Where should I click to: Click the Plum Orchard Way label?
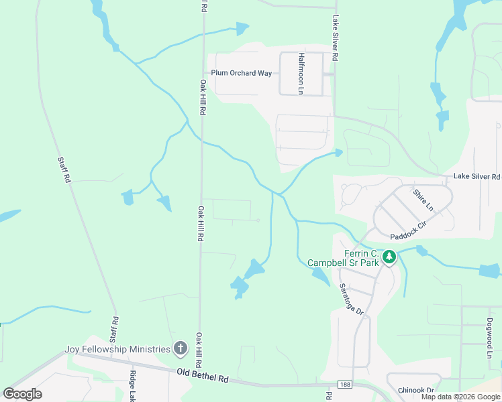click(241, 73)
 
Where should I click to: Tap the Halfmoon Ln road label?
click(302, 73)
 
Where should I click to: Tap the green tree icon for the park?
click(389, 257)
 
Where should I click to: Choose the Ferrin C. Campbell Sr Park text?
click(344, 258)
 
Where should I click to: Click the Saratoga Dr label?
click(350, 299)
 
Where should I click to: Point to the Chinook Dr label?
click(415, 390)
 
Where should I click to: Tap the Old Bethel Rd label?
click(203, 375)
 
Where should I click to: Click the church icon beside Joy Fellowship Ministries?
click(180, 348)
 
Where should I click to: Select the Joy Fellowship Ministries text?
click(117, 349)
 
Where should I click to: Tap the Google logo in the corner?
click(22, 393)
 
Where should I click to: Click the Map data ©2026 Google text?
click(460, 397)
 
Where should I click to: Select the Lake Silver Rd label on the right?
click(476, 177)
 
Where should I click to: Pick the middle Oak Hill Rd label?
click(200, 224)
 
